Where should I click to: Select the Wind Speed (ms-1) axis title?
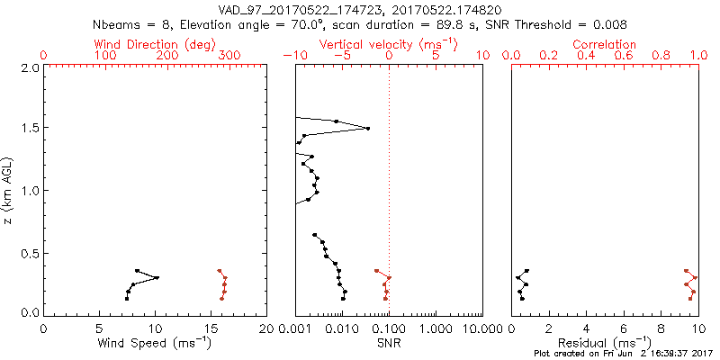tap(155, 343)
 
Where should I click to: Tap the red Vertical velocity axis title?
tap(389, 44)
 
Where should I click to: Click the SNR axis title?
tap(389, 343)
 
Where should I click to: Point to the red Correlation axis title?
tap(605, 44)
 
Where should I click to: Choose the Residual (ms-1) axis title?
tap(605, 343)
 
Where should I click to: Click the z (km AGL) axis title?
tap(8, 189)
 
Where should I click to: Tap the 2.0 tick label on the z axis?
tap(30, 67)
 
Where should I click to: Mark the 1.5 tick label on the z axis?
tap(30, 129)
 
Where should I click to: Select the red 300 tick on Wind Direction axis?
tap(229, 56)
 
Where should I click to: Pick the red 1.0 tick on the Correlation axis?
tap(697, 56)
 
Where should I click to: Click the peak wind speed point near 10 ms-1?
tap(157, 277)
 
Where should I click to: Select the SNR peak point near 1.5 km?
tap(367, 129)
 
